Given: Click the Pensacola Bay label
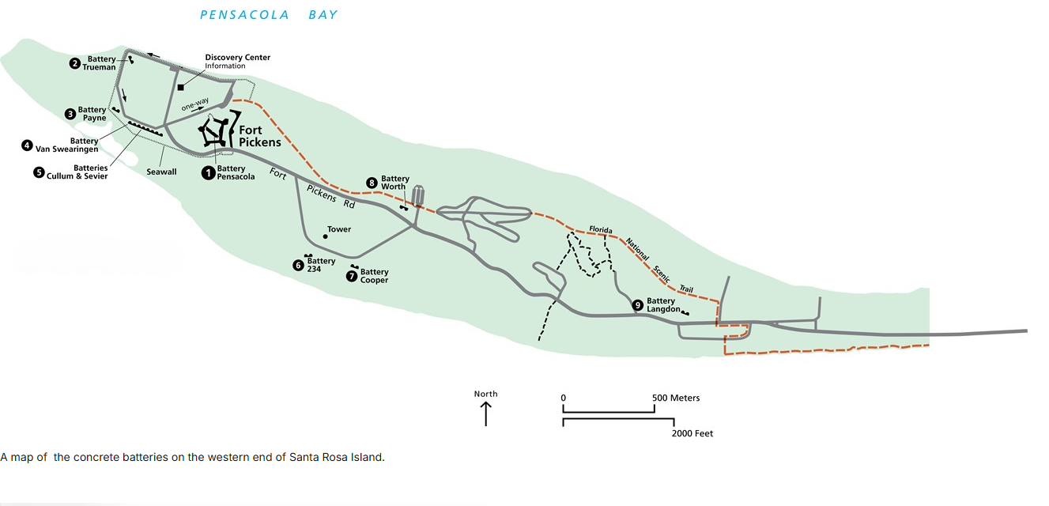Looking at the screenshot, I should tap(268, 15).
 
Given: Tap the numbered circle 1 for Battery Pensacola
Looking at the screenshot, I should tap(209, 172).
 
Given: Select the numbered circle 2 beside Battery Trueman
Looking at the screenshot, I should tap(75, 63).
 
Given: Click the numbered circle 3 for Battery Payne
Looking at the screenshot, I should tap(70, 114).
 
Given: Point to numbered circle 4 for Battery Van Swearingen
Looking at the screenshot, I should tap(28, 145).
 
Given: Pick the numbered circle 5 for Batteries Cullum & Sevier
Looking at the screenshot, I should tap(39, 172).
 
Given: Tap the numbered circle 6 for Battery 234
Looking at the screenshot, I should tap(298, 266).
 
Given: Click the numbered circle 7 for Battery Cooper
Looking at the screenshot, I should tap(353, 276).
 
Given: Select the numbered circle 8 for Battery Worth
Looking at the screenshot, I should tap(372, 183).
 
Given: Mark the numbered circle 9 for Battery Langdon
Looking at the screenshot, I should tap(638, 305).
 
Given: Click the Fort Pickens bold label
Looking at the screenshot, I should tap(259, 137).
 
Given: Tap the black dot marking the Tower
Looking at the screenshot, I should tap(325, 236).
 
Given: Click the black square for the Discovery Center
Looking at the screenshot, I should tap(181, 86).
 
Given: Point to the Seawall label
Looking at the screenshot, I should tap(161, 172).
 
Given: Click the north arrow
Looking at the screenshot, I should tap(485, 413).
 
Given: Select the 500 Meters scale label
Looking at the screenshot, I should tap(676, 398).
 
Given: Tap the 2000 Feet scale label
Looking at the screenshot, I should tap(692, 433).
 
